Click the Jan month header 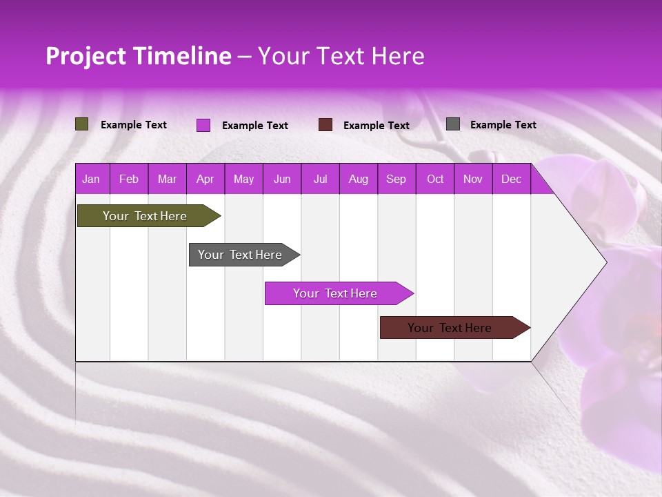[92, 179]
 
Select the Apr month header [205, 179]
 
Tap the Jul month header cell [320, 179]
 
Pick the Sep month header [396, 179]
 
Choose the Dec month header [511, 179]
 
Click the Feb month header [129, 179]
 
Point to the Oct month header [434, 179]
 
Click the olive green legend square [81, 124]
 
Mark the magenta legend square [203, 125]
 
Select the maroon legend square [325, 125]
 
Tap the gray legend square [453, 124]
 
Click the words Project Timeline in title [138, 56]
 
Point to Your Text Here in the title [341, 56]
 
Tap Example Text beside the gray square [503, 124]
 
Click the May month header [243, 179]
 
